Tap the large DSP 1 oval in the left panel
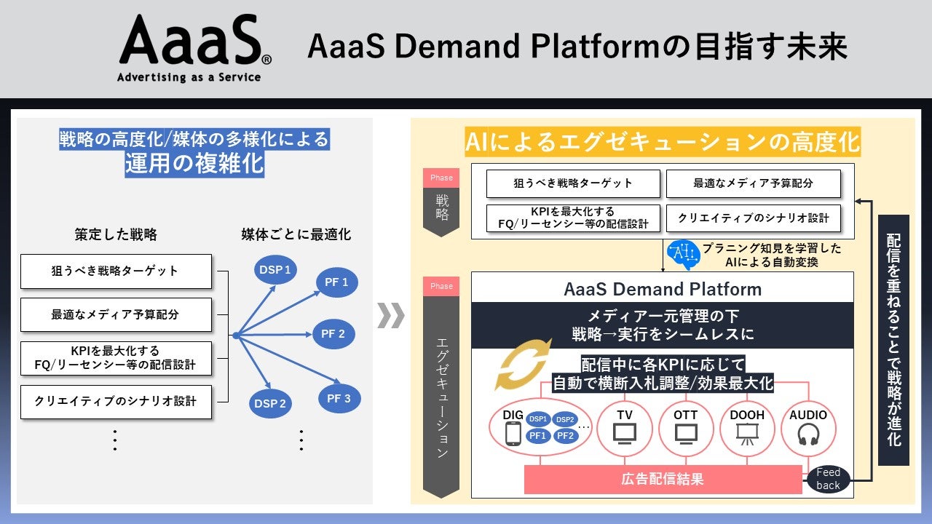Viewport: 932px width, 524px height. (275, 271)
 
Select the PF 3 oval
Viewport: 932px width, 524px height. (338, 398)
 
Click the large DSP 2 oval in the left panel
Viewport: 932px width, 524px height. (270, 403)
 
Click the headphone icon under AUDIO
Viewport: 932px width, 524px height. (808, 434)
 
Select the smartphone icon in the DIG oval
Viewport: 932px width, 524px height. (513, 434)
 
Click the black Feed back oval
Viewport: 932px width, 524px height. (828, 479)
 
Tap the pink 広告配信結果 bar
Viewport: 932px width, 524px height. (663, 479)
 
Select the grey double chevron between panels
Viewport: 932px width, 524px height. (391, 315)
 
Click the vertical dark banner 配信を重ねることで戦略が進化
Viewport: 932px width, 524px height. (893, 340)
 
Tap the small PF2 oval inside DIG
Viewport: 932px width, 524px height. (565, 436)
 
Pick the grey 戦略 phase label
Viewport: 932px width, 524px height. (441, 205)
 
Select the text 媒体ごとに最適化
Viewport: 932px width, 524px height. (296, 234)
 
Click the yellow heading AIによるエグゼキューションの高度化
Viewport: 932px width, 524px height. (663, 142)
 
